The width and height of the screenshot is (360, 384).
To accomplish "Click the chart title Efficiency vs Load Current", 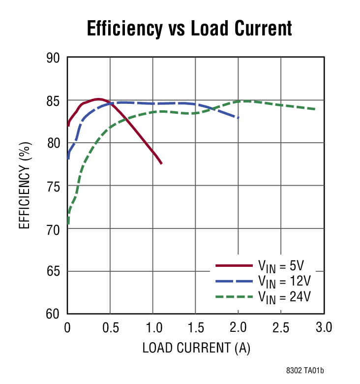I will (189, 28).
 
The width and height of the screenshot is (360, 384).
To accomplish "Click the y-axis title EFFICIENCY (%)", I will (25, 186).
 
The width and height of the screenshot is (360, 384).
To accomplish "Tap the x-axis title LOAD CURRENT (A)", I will (196, 348).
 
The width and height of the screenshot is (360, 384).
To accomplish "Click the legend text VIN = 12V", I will (284, 281).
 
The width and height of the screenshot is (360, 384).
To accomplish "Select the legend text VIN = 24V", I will (285, 296).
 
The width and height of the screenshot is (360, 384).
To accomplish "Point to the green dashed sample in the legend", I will (234, 296).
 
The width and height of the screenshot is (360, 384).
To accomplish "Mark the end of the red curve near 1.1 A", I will (161, 163).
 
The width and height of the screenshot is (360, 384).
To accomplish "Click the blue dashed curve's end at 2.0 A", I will (239, 118).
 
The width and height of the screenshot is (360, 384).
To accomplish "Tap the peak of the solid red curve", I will (98, 99).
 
